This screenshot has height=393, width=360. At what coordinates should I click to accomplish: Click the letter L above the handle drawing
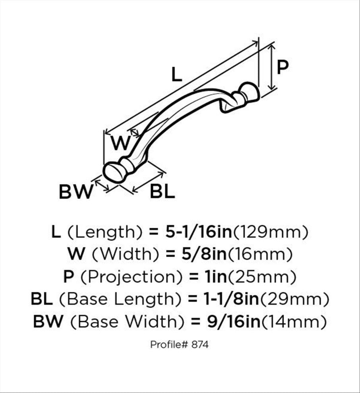click(176, 75)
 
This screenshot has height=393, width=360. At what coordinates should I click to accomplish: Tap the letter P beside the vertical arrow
click(283, 67)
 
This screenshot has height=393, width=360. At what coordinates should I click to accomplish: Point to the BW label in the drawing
click(76, 192)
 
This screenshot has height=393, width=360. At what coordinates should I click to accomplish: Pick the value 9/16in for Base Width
click(234, 321)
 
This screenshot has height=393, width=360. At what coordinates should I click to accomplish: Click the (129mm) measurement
click(271, 232)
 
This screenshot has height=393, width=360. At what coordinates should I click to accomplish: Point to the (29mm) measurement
click(295, 299)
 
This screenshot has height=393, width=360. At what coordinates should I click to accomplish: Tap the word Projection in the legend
click(131, 277)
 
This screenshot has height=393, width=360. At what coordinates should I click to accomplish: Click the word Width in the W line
click(126, 254)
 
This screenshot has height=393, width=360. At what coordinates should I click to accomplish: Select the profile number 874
click(200, 345)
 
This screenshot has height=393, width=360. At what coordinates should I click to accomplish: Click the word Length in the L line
click(105, 232)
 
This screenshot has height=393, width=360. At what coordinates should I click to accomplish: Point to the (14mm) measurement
click(294, 322)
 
